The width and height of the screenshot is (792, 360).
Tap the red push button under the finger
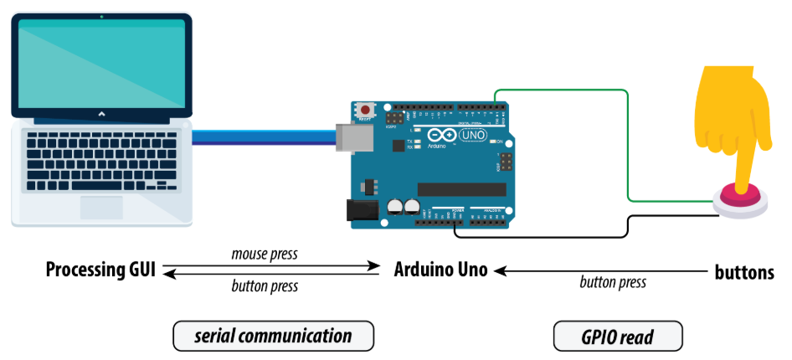741,198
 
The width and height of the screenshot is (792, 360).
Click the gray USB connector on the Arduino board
345,136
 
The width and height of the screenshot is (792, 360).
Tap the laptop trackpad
103,206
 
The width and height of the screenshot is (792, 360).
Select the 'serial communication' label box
273,337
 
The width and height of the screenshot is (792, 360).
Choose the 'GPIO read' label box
618,337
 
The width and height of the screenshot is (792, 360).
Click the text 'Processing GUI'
100,270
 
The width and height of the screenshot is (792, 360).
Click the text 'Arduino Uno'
440,270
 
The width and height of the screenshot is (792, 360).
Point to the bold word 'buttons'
743,271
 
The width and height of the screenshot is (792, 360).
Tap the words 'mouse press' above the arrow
264,254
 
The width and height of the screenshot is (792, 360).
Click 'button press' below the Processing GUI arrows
265,286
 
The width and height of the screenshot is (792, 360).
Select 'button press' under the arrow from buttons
613,282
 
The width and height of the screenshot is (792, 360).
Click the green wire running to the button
627,142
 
